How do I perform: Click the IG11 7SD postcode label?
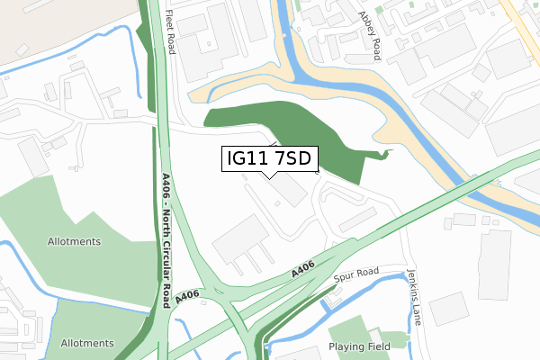pos(268,159)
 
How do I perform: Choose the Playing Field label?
pos(359,346)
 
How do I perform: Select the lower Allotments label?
pos(87,343)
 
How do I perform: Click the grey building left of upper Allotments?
pos(33,157)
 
